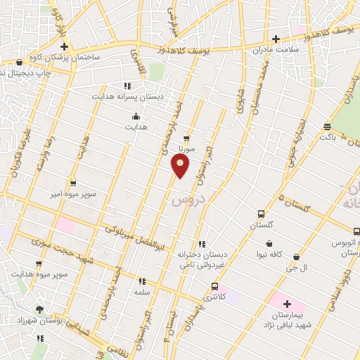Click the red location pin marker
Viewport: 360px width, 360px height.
click(x=181, y=166)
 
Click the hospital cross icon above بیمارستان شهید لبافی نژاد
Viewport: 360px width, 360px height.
click(x=288, y=302)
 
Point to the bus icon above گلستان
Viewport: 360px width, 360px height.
click(x=262, y=214)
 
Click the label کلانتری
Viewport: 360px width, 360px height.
click(x=214, y=298)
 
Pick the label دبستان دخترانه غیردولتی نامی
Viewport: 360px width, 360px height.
click(x=202, y=258)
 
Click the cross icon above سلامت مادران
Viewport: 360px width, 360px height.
click(x=276, y=39)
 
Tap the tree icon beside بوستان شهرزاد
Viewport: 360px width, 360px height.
click(x=40, y=310)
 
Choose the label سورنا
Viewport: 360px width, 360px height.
click(x=186, y=149)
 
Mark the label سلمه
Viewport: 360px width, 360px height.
click(x=142, y=290)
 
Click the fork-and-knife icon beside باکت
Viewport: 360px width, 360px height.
click(x=327, y=127)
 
